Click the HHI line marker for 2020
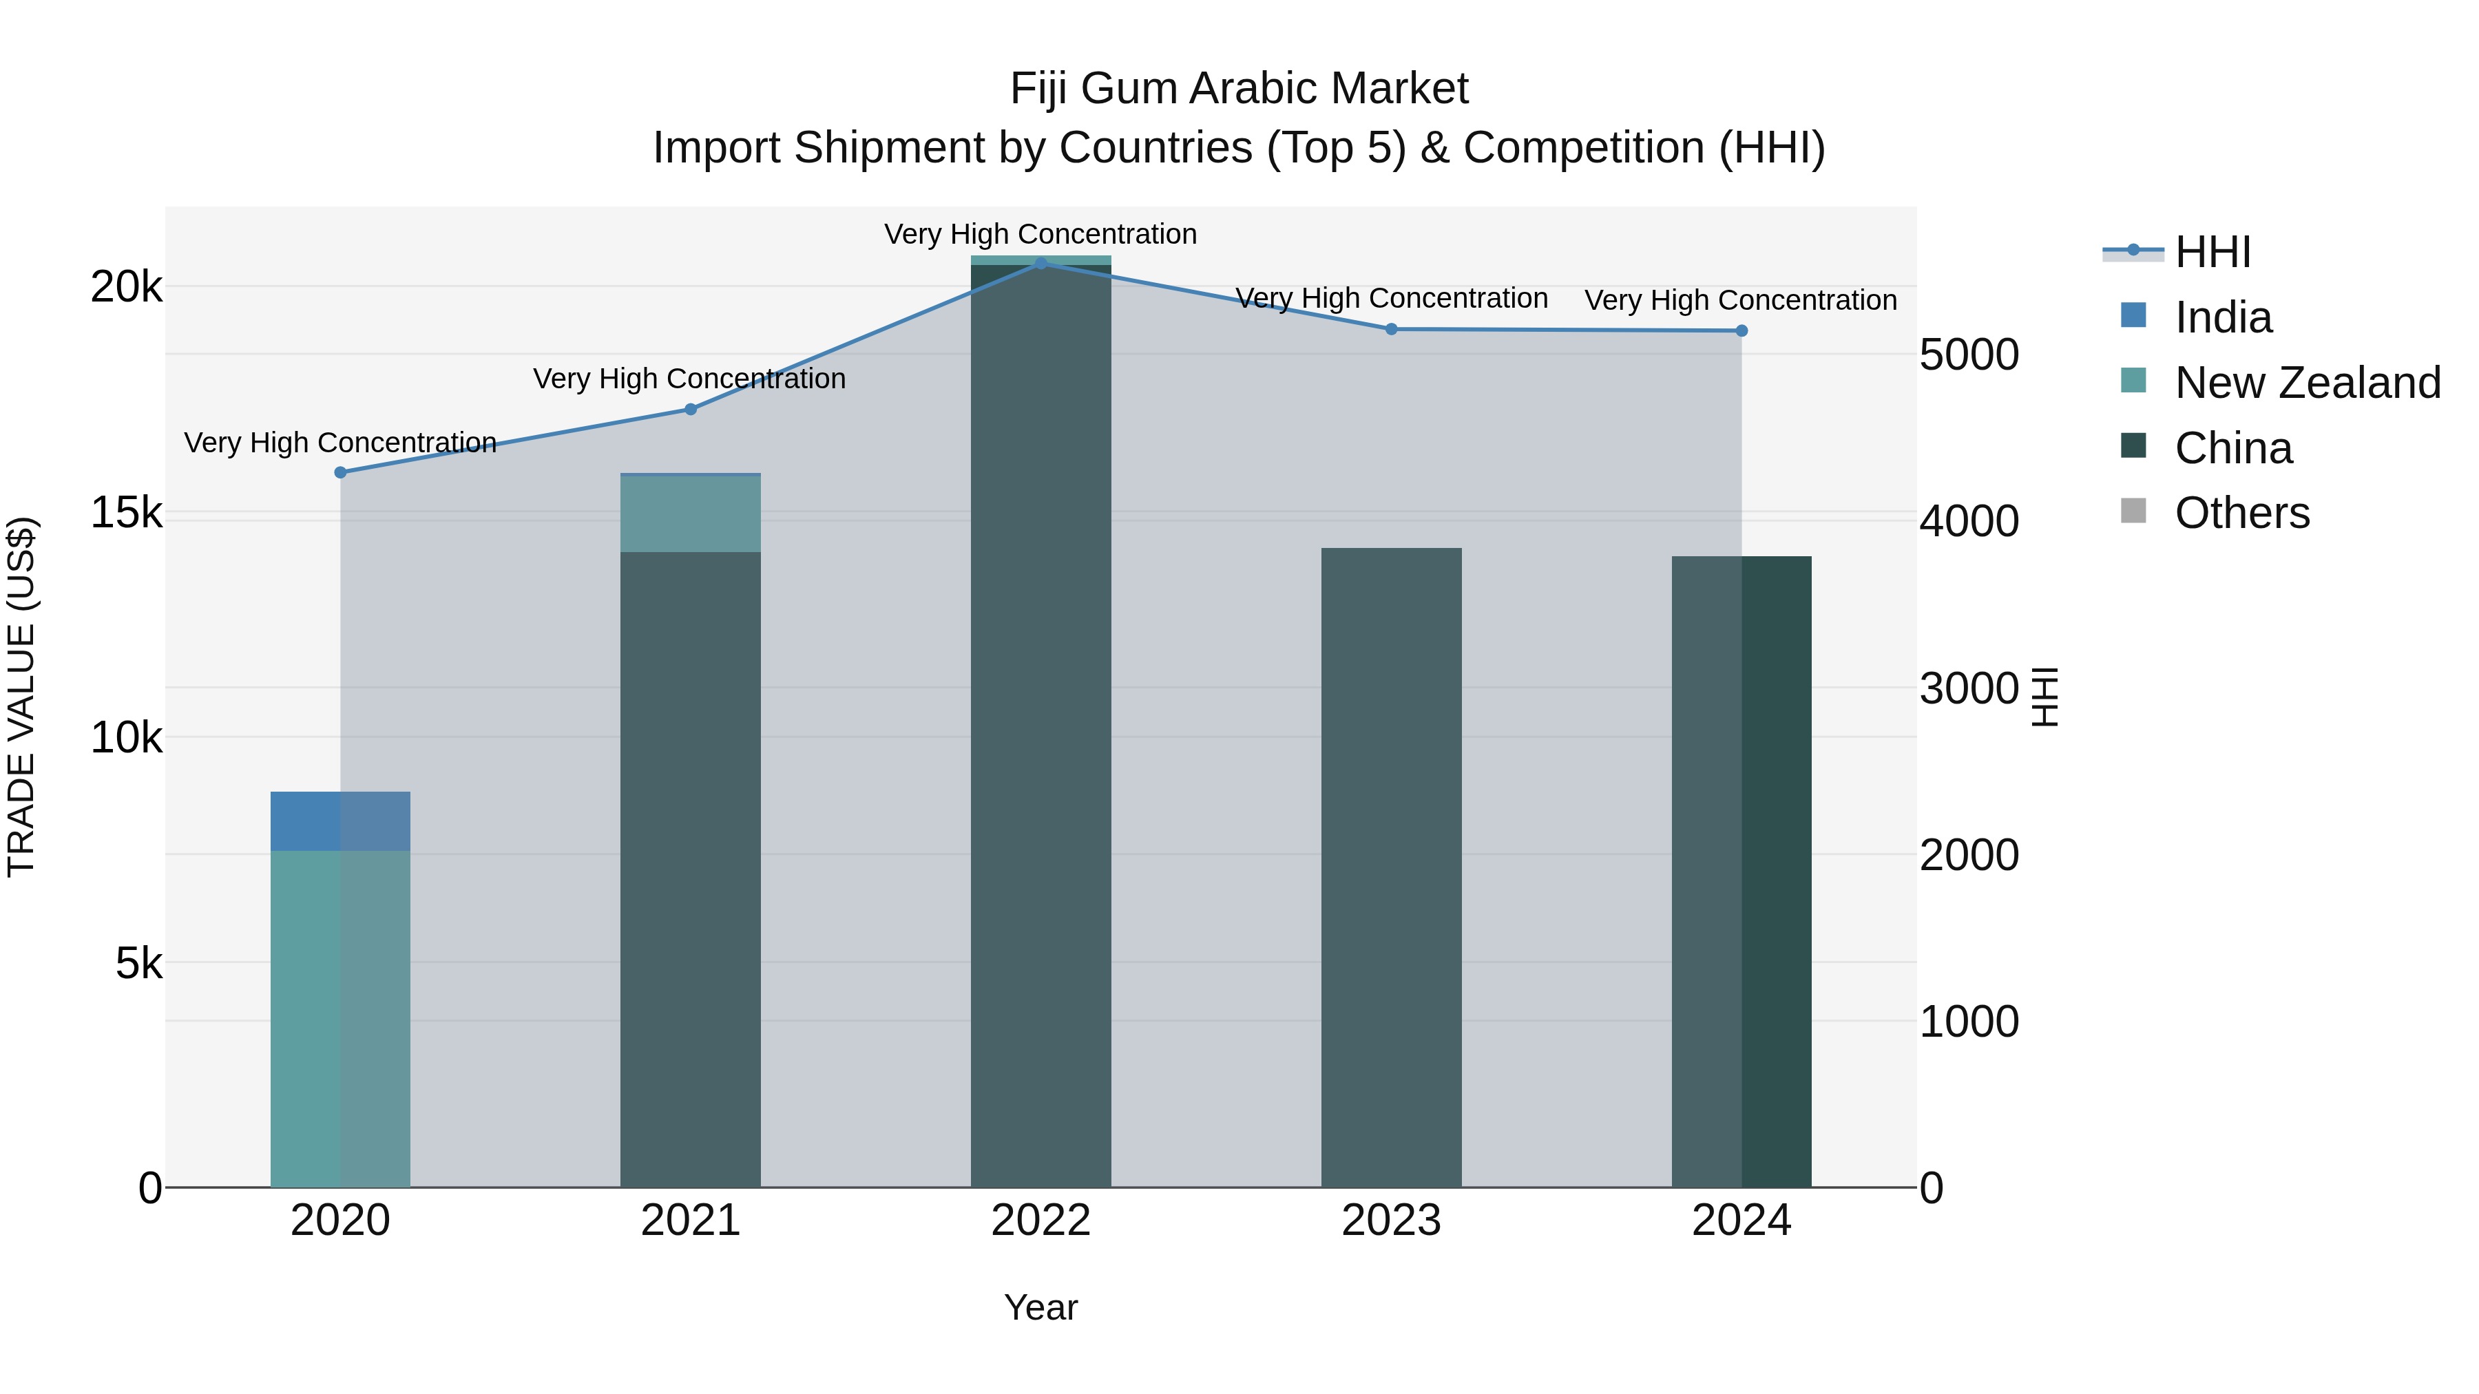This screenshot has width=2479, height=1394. pyautogui.click(x=339, y=472)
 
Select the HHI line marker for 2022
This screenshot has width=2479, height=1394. pyautogui.click(x=1040, y=263)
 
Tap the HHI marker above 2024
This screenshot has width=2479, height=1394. pyautogui.click(x=1741, y=331)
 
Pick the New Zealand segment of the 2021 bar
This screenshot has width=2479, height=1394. pyautogui.click(x=690, y=514)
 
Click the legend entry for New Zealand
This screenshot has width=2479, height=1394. pyautogui.click(x=2307, y=383)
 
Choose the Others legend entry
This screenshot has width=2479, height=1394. pyautogui.click(x=2241, y=514)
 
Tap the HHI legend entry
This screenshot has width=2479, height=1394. pyautogui.click(x=2213, y=252)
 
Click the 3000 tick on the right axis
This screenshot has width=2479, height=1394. pyautogui.click(x=1968, y=689)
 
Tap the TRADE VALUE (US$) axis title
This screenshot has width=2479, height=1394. pyautogui.click(x=21, y=697)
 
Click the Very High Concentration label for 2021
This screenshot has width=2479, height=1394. pyautogui.click(x=689, y=379)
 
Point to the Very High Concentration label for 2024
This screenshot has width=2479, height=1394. pyautogui.click(x=1740, y=300)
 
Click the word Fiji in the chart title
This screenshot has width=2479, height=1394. pyautogui.click(x=1039, y=89)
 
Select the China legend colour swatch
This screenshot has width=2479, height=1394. pyautogui.click(x=2133, y=446)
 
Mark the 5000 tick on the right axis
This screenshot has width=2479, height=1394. pyautogui.click(x=1968, y=355)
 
